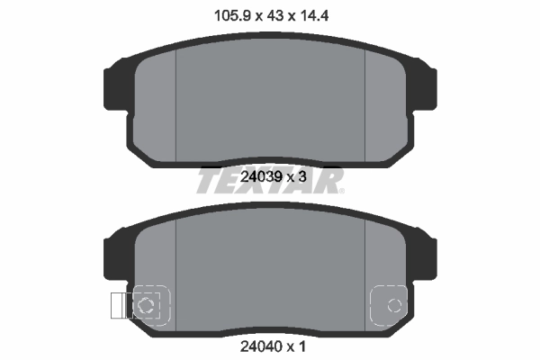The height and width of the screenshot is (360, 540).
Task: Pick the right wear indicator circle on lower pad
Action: coord(393,306)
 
